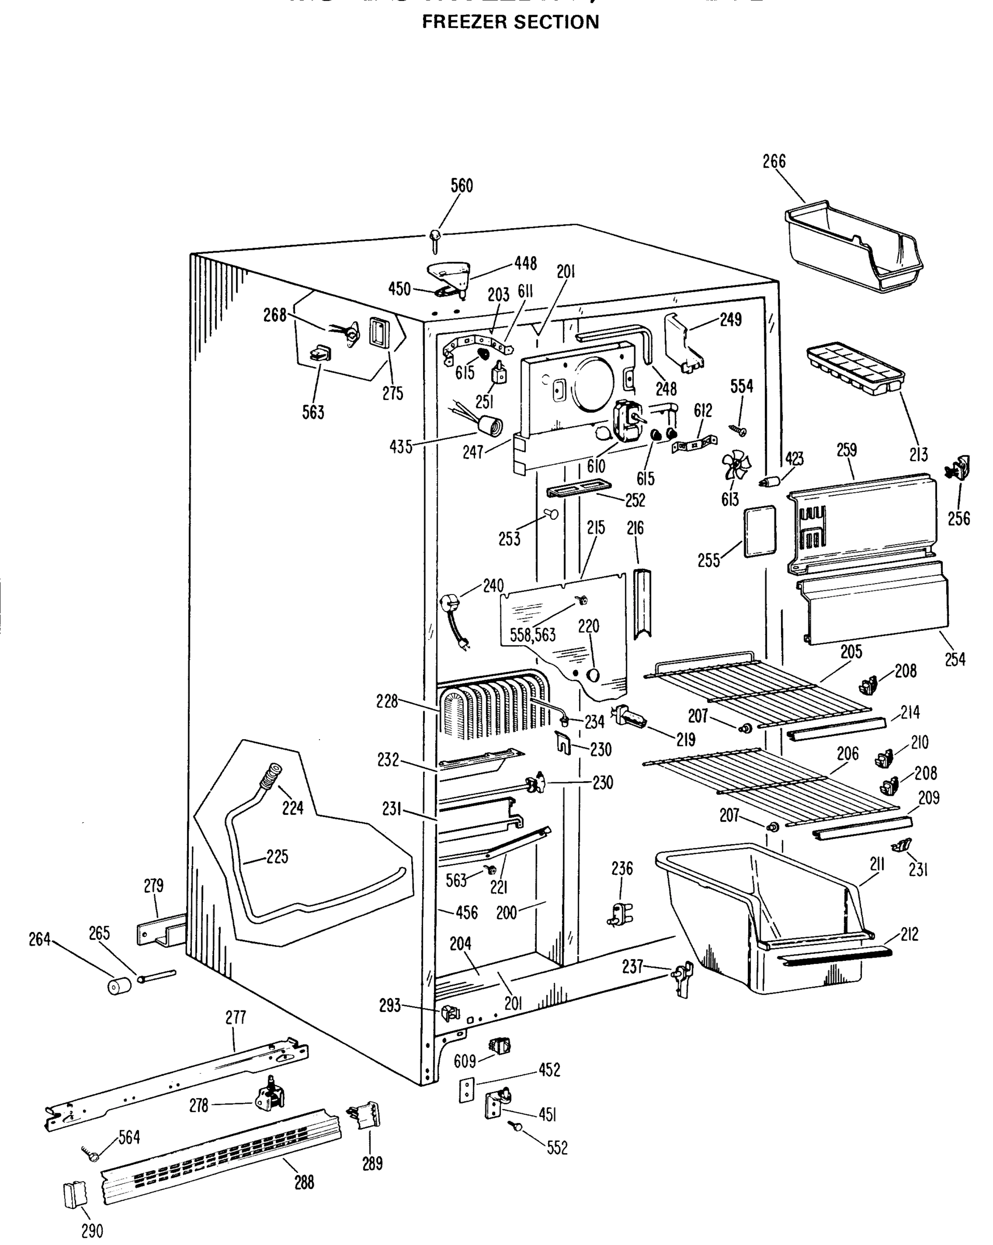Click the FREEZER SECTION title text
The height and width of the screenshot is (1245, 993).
coord(510,22)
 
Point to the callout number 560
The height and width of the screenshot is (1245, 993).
coord(461,186)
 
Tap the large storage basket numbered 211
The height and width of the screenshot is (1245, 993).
coord(762,918)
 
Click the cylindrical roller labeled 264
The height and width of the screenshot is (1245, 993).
coord(119,985)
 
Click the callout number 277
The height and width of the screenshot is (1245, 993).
coord(235,1017)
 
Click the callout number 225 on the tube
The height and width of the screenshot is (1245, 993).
coord(276,856)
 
